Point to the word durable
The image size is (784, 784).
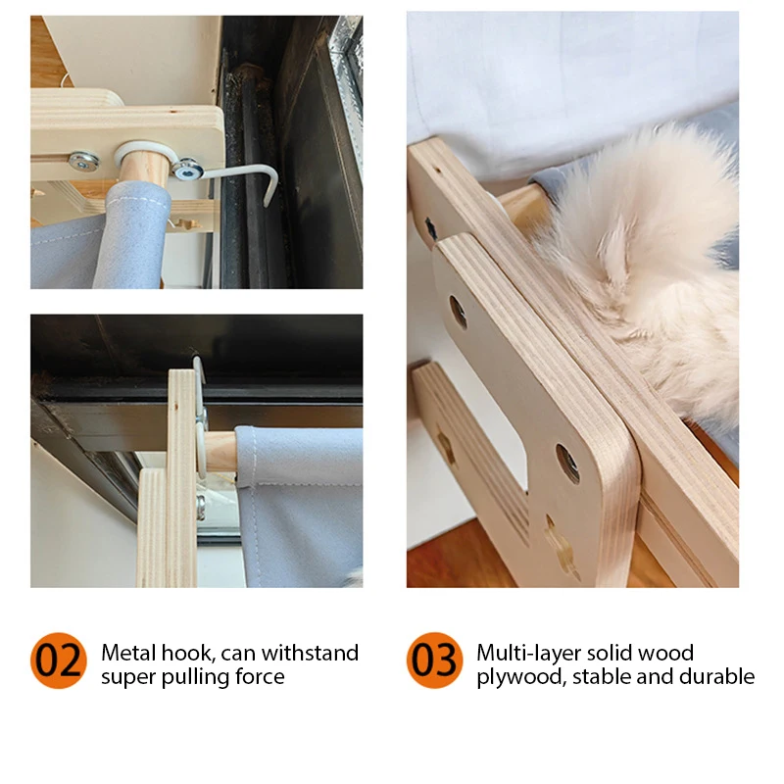tap(717, 677)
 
